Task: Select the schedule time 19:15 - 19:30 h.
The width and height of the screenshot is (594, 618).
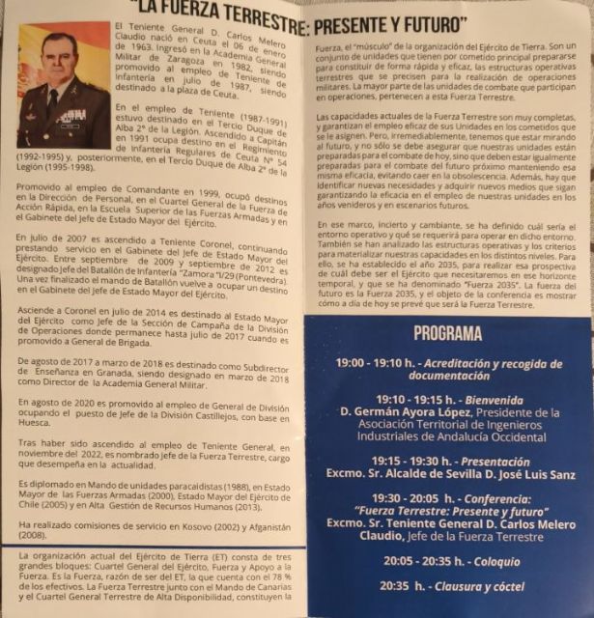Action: (x=374, y=461)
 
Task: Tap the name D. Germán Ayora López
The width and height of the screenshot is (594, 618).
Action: (x=406, y=413)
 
